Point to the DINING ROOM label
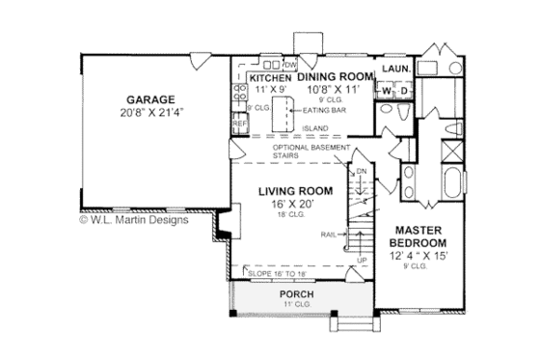pos(333,77)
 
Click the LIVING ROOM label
pos(295,191)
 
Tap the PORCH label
pos(295,293)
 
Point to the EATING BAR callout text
pos(323,110)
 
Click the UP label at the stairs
pos(362,261)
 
